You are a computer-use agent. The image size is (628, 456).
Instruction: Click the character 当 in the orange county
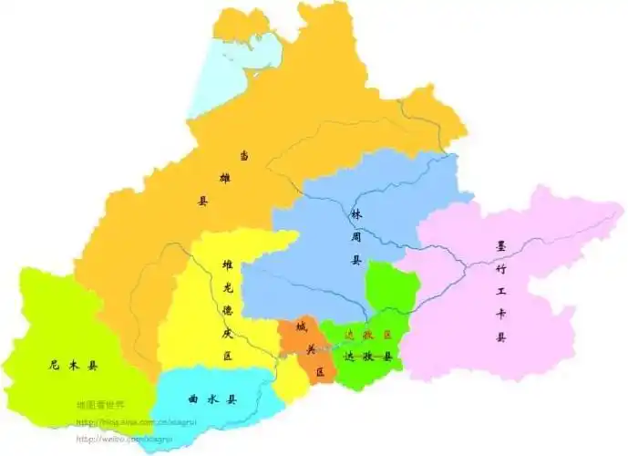click(x=244, y=155)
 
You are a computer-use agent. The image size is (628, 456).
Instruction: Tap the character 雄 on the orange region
click(x=224, y=178)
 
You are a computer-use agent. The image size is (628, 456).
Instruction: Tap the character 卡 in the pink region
click(x=500, y=316)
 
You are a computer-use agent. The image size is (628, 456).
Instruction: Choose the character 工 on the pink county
click(x=500, y=293)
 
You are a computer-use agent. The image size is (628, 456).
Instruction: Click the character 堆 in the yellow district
click(x=228, y=265)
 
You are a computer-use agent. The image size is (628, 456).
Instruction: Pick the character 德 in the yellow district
click(x=228, y=310)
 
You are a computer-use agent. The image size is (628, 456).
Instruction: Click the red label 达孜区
click(x=367, y=336)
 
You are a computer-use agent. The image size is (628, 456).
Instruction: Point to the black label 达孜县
click(x=367, y=358)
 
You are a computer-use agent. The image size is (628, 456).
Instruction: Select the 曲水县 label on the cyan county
click(x=212, y=399)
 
